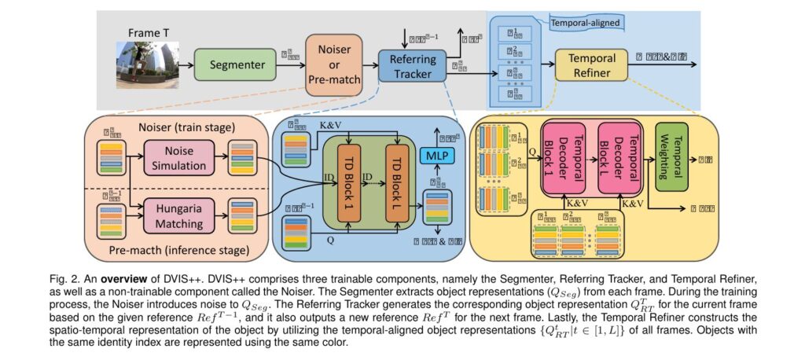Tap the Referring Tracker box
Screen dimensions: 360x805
[x=411, y=65]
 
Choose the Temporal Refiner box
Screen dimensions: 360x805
[x=592, y=64]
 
